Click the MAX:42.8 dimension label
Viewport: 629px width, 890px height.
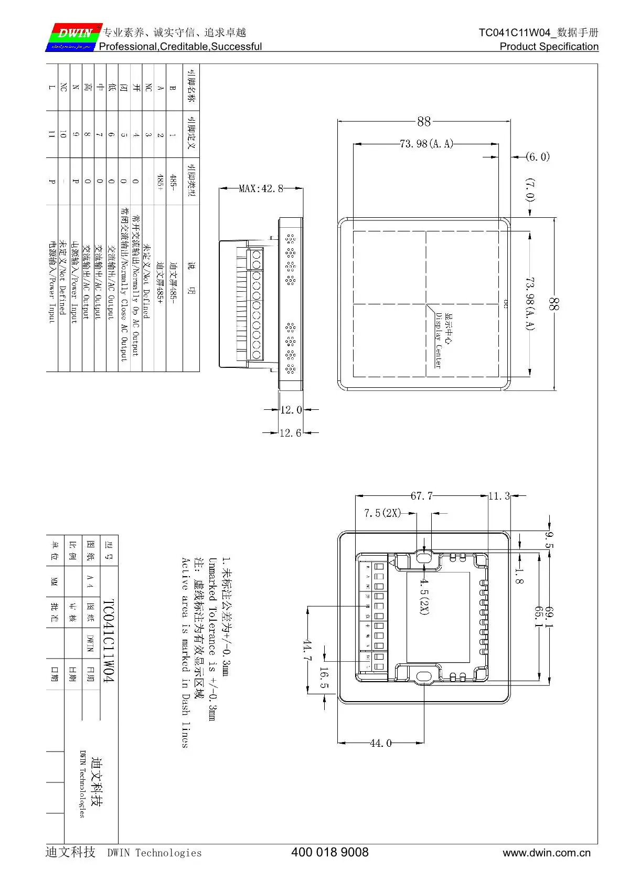pos(261,188)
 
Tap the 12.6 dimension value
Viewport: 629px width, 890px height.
pos(290,433)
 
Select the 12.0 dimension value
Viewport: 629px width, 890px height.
pos(291,410)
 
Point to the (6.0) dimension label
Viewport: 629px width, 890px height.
pos(538,157)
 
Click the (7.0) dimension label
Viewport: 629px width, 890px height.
pos(530,190)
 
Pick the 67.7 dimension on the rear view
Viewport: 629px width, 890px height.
pos(421,496)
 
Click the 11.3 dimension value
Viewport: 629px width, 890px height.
pos(499,496)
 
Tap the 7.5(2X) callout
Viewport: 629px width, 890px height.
pos(382,513)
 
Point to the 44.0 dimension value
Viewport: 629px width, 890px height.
pos(380,743)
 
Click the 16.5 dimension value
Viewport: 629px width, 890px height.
pos(324,678)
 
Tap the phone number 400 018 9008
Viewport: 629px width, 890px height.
pos(329,852)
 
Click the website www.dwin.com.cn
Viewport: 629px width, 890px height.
pos(546,853)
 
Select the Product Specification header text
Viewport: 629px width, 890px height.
pos(549,47)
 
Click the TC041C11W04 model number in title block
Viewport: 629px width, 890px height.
pos(108,641)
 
